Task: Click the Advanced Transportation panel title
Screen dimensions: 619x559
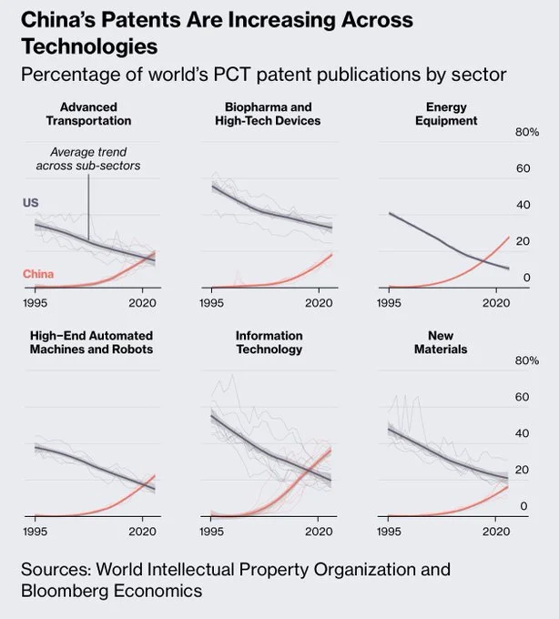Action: pyautogui.click(x=89, y=114)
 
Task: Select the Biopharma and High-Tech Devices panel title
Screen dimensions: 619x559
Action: pyautogui.click(x=268, y=114)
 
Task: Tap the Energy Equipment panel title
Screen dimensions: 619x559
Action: pyautogui.click(x=446, y=114)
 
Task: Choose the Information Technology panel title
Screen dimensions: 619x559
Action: pyautogui.click(x=269, y=342)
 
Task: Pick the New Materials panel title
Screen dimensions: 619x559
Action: pyautogui.click(x=446, y=342)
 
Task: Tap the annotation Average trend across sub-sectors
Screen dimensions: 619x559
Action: pyautogui.click(x=88, y=159)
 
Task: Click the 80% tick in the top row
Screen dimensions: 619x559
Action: pyautogui.click(x=527, y=133)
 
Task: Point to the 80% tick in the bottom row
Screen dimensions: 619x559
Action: pyautogui.click(x=527, y=361)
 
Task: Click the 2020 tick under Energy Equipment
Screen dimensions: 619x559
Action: pyautogui.click(x=495, y=302)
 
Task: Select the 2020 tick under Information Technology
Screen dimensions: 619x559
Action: pyautogui.click(x=319, y=531)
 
